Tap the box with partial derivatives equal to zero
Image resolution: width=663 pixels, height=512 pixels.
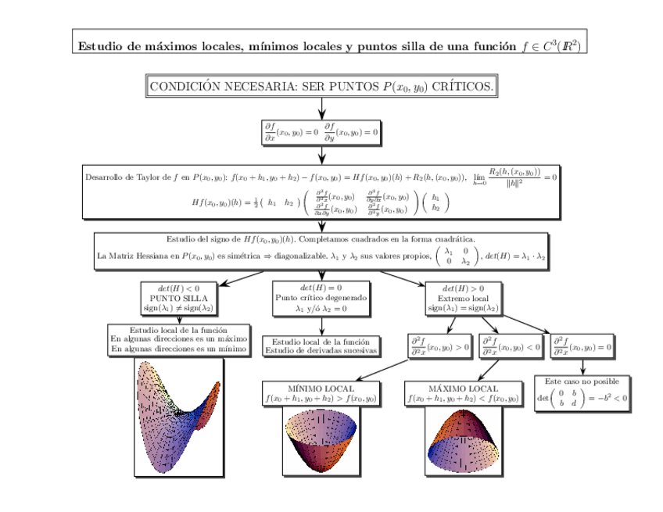(x=321, y=132)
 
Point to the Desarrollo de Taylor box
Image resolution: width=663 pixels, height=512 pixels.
(x=321, y=191)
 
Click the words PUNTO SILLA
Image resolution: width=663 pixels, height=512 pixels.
(x=178, y=298)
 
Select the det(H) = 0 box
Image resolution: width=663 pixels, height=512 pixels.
(x=321, y=298)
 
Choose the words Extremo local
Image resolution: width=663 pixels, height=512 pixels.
(x=464, y=298)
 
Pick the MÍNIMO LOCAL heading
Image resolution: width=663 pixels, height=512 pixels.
(x=321, y=388)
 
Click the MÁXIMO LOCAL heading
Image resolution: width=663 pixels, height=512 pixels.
(x=463, y=388)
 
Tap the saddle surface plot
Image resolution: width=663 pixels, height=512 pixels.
(x=180, y=418)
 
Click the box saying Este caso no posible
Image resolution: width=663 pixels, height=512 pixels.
(x=582, y=393)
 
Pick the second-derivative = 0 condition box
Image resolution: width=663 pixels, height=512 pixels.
(x=582, y=346)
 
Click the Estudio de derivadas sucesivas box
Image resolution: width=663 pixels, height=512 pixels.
(x=321, y=346)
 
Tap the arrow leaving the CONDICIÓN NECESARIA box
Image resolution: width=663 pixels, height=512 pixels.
(x=321, y=108)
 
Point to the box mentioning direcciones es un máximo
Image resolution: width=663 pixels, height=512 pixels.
(x=179, y=340)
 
